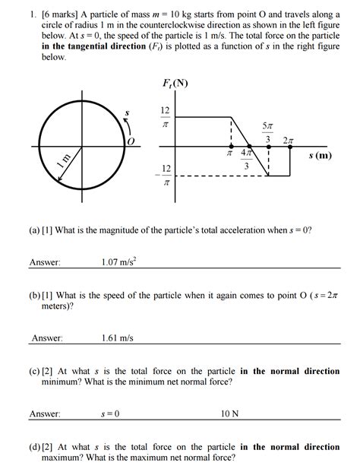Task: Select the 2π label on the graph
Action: click(x=287, y=141)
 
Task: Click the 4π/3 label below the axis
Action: click(x=245, y=160)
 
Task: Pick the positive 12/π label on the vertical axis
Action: click(x=165, y=116)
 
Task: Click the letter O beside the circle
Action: click(x=131, y=142)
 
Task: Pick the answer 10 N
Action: click(x=229, y=414)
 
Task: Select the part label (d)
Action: click(x=36, y=447)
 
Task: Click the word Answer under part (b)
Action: click(x=47, y=338)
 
